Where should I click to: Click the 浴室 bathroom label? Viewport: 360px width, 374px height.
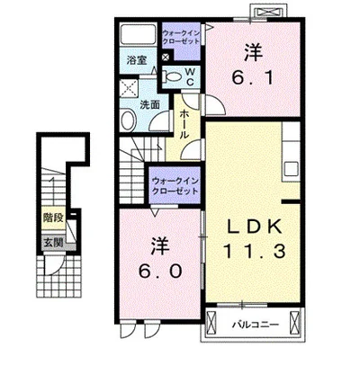(x=137, y=60)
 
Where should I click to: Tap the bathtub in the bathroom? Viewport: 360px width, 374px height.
(x=138, y=34)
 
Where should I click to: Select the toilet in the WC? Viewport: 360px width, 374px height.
(x=172, y=77)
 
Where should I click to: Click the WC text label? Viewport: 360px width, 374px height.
(x=190, y=76)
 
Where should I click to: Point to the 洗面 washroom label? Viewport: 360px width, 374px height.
(x=149, y=104)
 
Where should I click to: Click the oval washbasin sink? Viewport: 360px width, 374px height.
(x=128, y=120)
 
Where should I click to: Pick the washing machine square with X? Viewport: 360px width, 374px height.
(x=129, y=88)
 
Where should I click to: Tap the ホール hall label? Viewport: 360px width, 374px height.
(x=184, y=124)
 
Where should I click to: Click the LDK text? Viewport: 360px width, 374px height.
(x=255, y=227)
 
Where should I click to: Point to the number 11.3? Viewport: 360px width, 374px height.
(x=255, y=251)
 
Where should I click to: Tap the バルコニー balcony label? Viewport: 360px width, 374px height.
(x=256, y=325)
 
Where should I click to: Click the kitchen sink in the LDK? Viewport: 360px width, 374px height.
(x=292, y=170)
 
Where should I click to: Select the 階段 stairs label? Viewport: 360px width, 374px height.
(x=54, y=218)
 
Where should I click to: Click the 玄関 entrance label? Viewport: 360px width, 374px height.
(x=54, y=242)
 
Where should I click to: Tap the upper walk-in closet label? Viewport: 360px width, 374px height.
(x=181, y=37)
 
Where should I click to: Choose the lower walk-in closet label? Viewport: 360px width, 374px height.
(x=175, y=186)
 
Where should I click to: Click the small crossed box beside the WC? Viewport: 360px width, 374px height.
(x=166, y=57)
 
